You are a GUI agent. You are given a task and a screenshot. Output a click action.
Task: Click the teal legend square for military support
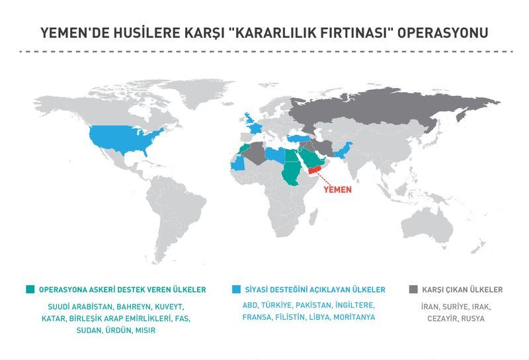30,289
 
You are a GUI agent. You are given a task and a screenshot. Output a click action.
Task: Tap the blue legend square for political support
237,289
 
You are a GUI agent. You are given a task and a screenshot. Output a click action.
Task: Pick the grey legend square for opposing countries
413,289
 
